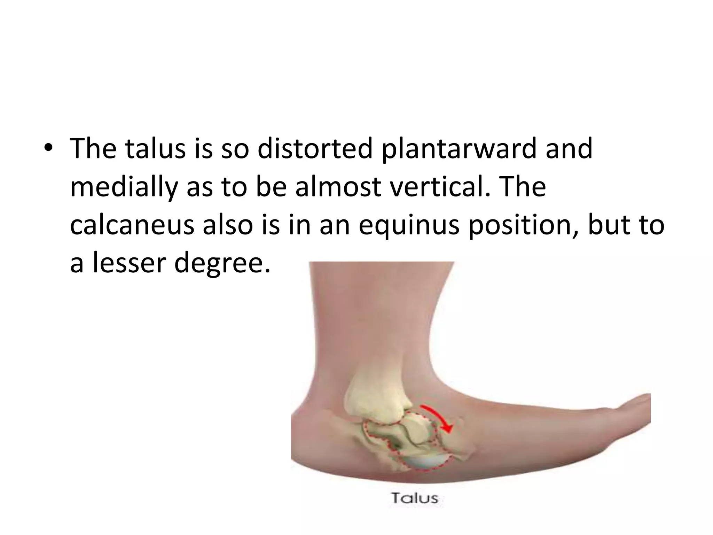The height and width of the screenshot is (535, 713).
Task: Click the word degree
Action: [222, 264]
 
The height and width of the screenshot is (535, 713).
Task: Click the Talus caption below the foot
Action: [414, 498]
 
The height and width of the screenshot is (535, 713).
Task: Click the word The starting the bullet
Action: [92, 149]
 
